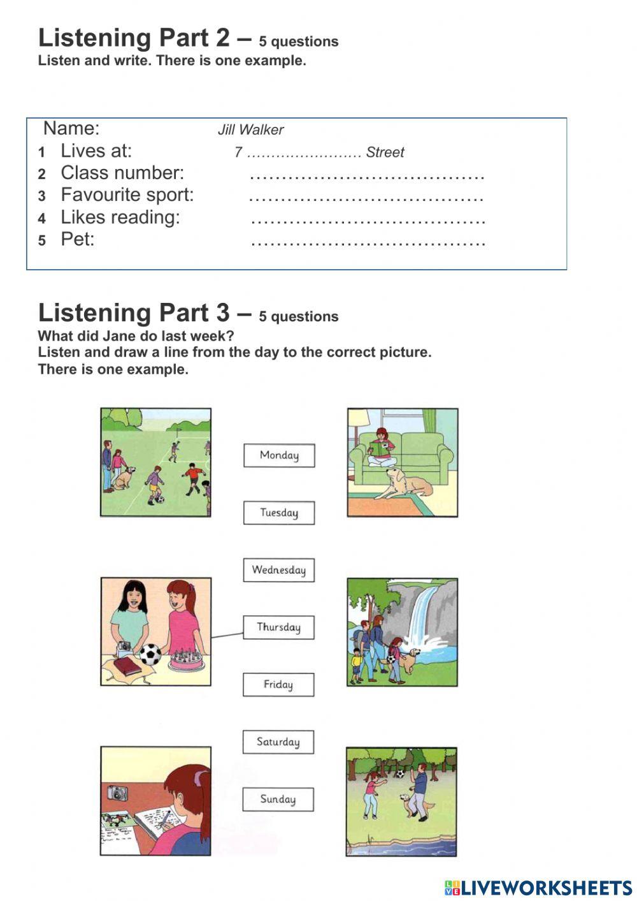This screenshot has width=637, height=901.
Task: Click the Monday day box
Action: (279, 455)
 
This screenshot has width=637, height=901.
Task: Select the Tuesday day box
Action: (279, 513)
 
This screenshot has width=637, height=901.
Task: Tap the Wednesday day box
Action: (279, 570)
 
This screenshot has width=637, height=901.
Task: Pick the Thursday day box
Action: (279, 627)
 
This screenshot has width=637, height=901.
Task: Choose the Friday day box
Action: (278, 685)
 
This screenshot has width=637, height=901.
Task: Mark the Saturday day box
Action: (278, 742)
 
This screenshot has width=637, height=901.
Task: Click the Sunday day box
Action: (278, 800)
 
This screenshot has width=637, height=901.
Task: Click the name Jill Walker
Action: (250, 130)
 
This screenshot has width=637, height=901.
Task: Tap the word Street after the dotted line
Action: (385, 152)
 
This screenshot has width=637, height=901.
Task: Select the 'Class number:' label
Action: (122, 173)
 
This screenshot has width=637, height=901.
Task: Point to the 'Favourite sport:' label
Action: (127, 195)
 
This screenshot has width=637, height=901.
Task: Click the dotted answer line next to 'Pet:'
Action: (368, 243)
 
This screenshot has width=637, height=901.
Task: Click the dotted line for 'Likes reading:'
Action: (368, 221)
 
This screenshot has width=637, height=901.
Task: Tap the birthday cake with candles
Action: (187, 660)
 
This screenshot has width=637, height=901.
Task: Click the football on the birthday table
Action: (150, 654)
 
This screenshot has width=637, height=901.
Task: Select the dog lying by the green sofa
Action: (405, 485)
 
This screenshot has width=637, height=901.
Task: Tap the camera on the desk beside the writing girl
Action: (117, 793)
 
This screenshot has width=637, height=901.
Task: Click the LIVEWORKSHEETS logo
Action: (538, 888)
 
